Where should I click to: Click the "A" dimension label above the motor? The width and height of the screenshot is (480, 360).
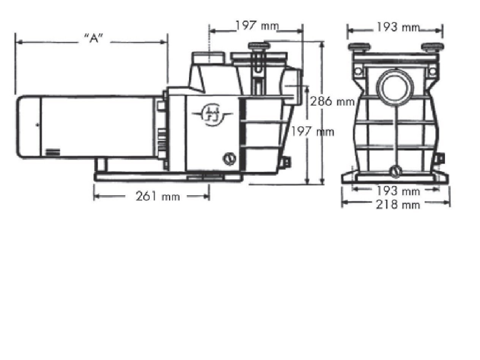pyautogui.click(x=93, y=39)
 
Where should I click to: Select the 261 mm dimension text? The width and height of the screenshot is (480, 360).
pyautogui.click(x=158, y=196)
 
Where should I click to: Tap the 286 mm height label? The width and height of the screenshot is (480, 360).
pyautogui.click(x=332, y=102)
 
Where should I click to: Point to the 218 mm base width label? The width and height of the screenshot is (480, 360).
pyautogui.click(x=398, y=205)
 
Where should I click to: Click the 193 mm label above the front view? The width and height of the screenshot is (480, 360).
pyautogui.click(x=398, y=28)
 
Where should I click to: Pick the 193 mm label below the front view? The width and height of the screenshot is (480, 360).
pyautogui.click(x=398, y=191)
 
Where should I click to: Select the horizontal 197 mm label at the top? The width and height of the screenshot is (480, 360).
pyautogui.click(x=257, y=26)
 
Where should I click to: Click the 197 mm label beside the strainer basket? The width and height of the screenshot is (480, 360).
pyautogui.click(x=313, y=132)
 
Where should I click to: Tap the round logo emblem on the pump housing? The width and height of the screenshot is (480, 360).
pyautogui.click(x=212, y=115)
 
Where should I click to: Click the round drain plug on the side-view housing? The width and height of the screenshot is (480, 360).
pyautogui.click(x=229, y=159)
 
